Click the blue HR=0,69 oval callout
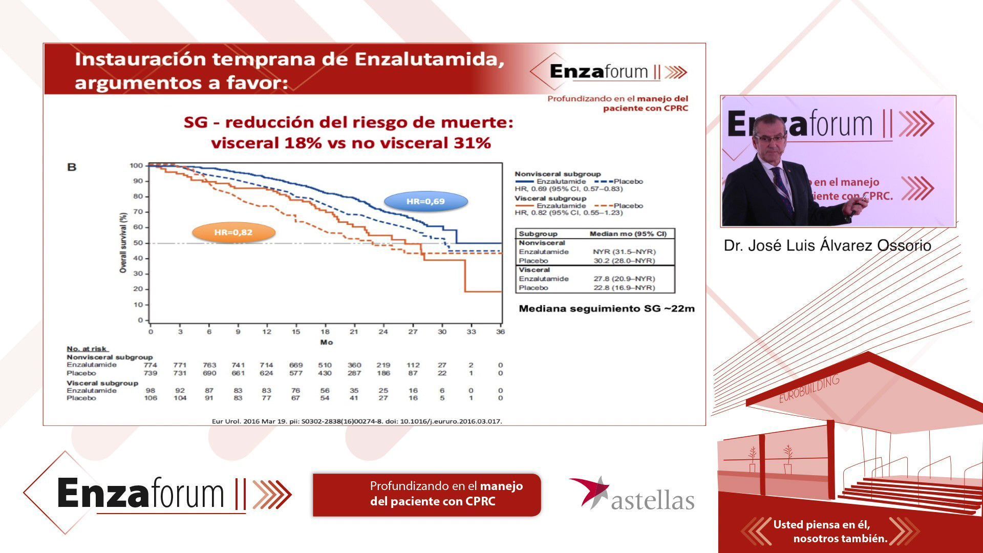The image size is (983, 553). pyautogui.click(x=426, y=202)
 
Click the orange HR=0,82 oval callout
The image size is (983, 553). pyautogui.click(x=233, y=232)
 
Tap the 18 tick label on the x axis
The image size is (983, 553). pyautogui.click(x=325, y=332)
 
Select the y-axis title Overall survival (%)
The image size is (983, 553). pyautogui.click(x=123, y=242)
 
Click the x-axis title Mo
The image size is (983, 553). pyautogui.click(x=327, y=342)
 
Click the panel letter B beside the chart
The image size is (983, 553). pyautogui.click(x=72, y=167)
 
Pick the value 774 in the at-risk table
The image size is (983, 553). pyautogui.click(x=151, y=365)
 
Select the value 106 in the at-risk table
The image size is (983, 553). pyautogui.click(x=151, y=398)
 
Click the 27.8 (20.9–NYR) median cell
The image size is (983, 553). pyautogui.click(x=624, y=279)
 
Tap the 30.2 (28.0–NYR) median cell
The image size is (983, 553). pyautogui.click(x=624, y=261)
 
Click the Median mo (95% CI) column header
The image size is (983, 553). pyautogui.click(x=628, y=233)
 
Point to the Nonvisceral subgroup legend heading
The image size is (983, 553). pyautogui.click(x=558, y=174)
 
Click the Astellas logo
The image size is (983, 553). pyautogui.click(x=632, y=494)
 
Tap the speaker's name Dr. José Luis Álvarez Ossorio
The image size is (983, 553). pyautogui.click(x=827, y=246)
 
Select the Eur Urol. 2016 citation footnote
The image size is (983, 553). pyautogui.click(x=357, y=421)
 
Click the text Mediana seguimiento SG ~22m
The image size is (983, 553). pyautogui.click(x=607, y=309)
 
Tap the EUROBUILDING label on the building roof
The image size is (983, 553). pyautogui.click(x=809, y=389)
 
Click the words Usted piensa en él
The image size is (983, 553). pyautogui.click(x=821, y=524)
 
